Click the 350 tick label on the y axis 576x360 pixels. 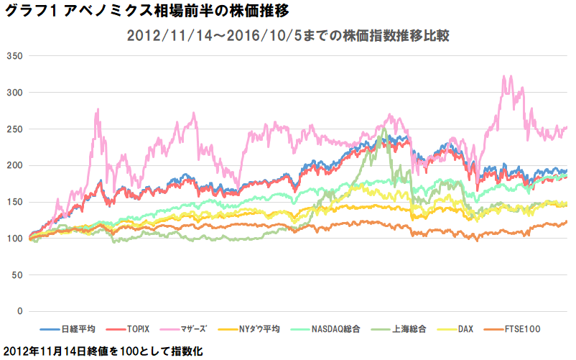[15, 56]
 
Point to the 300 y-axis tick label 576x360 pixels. [15, 93]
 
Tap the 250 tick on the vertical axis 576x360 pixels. [15, 129]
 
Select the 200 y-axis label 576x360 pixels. [15, 165]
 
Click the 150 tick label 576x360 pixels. [15, 202]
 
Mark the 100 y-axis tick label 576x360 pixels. [15, 239]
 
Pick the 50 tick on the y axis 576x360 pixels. [18, 275]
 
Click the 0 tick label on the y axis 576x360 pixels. [21, 311]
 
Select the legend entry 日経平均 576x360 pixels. [78, 329]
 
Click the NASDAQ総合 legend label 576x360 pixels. [335, 329]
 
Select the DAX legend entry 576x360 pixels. [465, 329]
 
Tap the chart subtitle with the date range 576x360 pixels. [288, 35]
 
